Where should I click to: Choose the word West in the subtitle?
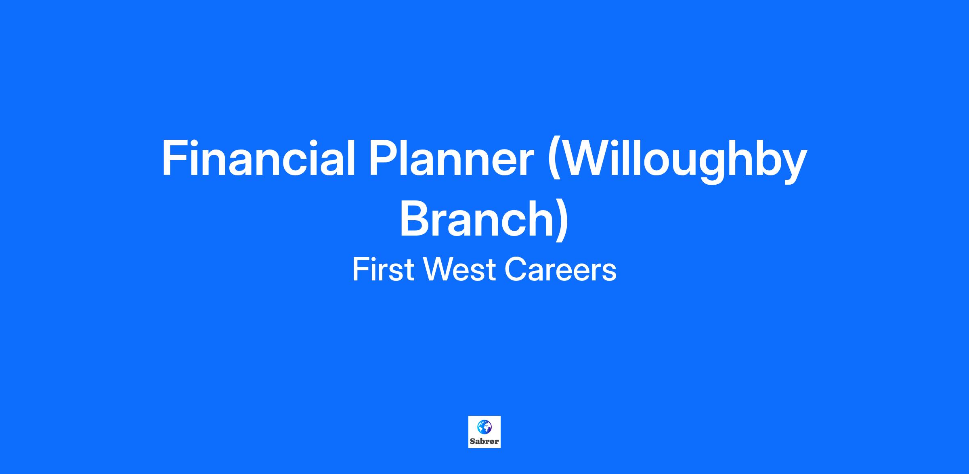point(459,270)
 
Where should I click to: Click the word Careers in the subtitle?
point(560,270)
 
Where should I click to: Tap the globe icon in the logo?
point(484,426)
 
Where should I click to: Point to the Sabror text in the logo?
point(484,441)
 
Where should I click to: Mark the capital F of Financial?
point(174,158)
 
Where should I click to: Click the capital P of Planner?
point(383,158)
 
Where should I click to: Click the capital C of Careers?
point(516,270)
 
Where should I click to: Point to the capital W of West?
point(440,270)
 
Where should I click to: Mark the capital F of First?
point(361,270)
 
